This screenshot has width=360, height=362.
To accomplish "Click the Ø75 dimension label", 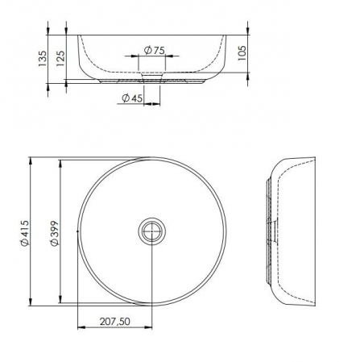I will click(x=154, y=51).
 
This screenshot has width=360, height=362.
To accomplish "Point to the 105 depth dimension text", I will click(x=242, y=54).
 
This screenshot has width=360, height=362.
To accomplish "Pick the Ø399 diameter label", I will click(x=54, y=232).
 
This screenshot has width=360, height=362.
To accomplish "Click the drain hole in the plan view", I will click(x=152, y=232).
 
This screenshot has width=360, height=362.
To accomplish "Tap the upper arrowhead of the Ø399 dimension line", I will click(x=60, y=162).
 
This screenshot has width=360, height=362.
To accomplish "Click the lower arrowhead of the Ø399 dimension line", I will click(x=60, y=301).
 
